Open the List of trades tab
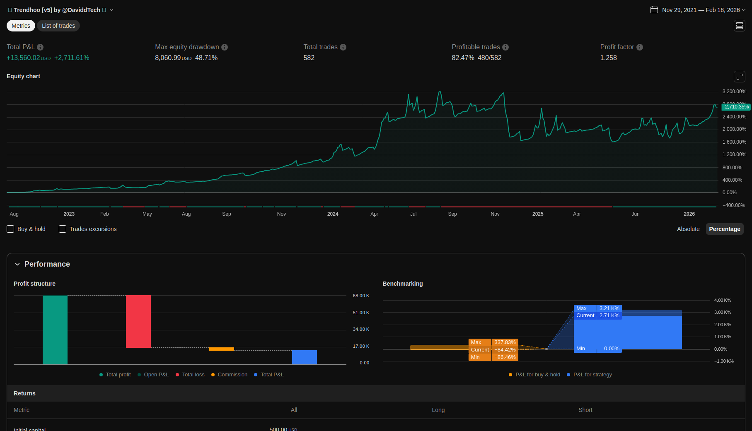58,26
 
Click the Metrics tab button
21,26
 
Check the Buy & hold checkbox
11,229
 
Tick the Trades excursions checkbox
63,229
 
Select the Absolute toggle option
688,229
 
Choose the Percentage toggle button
724,229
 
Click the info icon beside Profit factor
640,47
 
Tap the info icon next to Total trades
343,47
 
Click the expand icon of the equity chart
739,77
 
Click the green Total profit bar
55,330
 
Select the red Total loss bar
138,321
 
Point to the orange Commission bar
222,349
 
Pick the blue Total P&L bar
305,357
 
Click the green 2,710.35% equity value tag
736,107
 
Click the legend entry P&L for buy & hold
537,375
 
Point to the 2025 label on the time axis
538,214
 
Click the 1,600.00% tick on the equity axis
734,142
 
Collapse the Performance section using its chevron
17,264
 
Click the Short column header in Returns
585,410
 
